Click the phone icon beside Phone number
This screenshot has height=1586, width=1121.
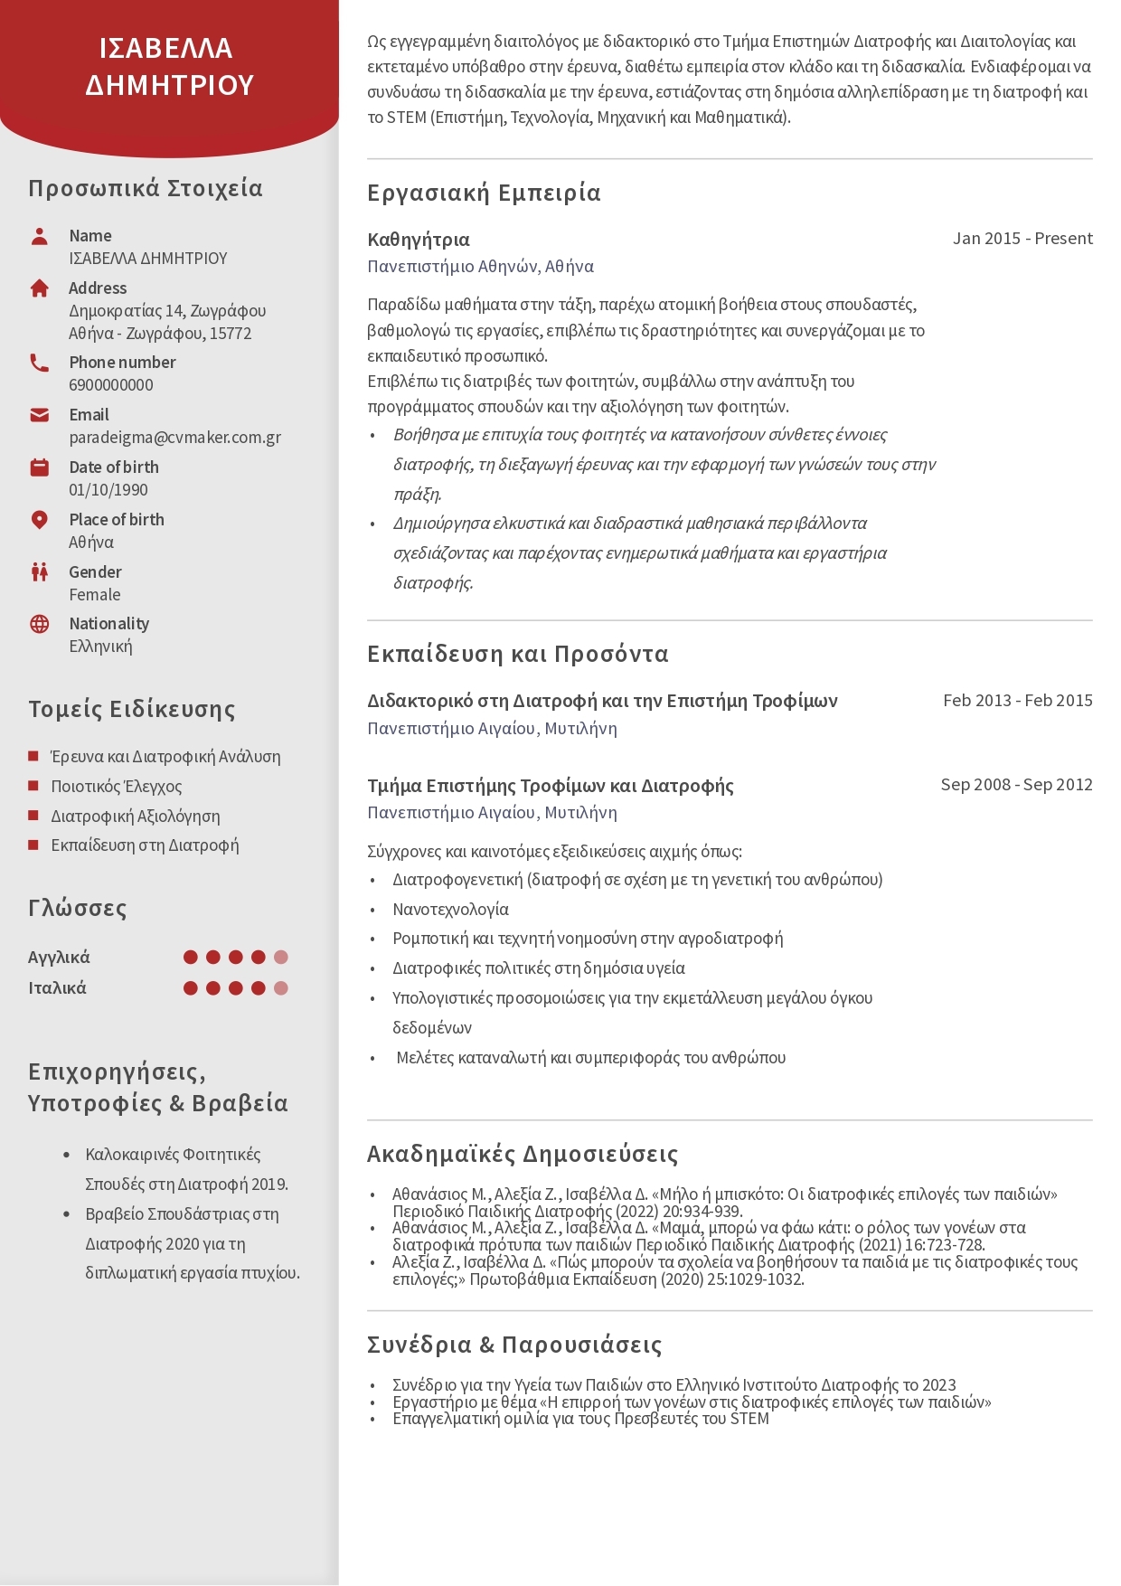tap(39, 363)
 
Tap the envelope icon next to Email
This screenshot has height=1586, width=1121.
tap(39, 415)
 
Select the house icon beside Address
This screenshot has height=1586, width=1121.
tap(39, 288)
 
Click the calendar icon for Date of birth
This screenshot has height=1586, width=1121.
tap(39, 467)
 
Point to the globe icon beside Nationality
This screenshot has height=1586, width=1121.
tap(39, 624)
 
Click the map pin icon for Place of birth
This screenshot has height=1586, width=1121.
tap(39, 520)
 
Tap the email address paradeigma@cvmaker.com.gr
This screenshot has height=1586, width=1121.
tap(174, 438)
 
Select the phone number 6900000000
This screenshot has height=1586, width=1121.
tap(111, 385)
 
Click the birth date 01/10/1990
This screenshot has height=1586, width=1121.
tap(108, 490)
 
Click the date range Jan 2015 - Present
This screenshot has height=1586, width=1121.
tap(1022, 239)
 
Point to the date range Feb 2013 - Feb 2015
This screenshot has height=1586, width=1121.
tap(1017, 701)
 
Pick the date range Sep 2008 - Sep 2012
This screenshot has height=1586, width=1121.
tap(1016, 785)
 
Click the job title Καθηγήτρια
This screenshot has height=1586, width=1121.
tap(419, 240)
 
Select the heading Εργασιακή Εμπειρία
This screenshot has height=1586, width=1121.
tap(484, 193)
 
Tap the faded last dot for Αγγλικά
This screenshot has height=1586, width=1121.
tap(281, 958)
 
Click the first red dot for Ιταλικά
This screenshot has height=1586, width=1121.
tap(191, 988)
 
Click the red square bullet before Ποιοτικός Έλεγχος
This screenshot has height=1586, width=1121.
tap(33, 786)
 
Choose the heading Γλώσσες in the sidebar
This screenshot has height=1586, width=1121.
tap(78, 908)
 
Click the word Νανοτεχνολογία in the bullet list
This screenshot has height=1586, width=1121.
tap(450, 910)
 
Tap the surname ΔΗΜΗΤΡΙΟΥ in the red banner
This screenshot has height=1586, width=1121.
tap(170, 85)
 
